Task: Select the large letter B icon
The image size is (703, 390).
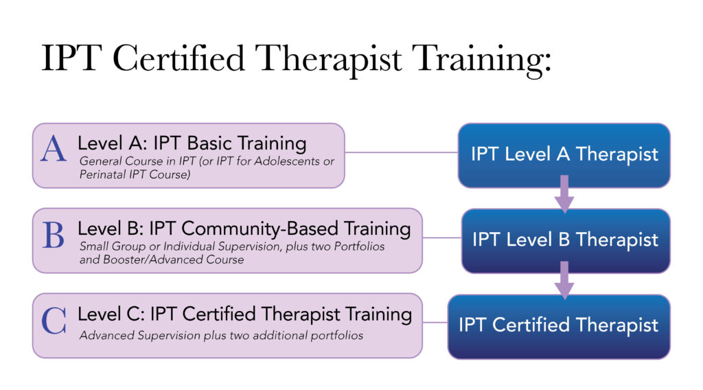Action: tap(53, 235)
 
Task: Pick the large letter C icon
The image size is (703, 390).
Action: tap(54, 320)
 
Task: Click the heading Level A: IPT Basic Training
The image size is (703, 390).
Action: tap(192, 143)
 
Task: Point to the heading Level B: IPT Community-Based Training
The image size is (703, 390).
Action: tap(244, 228)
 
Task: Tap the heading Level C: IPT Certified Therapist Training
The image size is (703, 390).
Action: tap(244, 314)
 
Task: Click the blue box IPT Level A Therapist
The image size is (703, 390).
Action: tap(564, 154)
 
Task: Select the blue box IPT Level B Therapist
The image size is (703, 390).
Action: tap(565, 240)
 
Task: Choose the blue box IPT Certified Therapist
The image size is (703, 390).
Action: tap(558, 325)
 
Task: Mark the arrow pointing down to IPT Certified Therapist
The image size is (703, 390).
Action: tap(564, 281)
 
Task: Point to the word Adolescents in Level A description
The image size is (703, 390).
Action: tap(284, 161)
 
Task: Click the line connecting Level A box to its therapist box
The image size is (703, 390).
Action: tap(401, 152)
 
